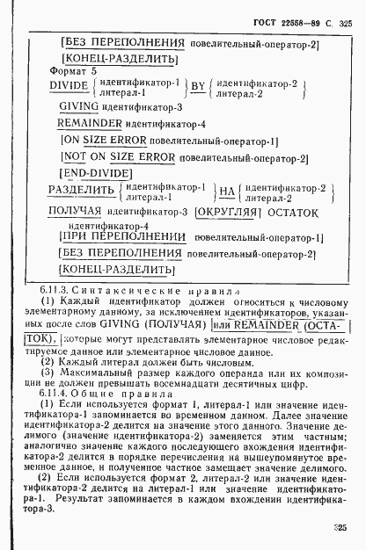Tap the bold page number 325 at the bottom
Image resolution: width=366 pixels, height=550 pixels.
pyautogui.click(x=341, y=528)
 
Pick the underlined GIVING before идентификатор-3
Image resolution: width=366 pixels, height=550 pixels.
pyautogui.click(x=79, y=107)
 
